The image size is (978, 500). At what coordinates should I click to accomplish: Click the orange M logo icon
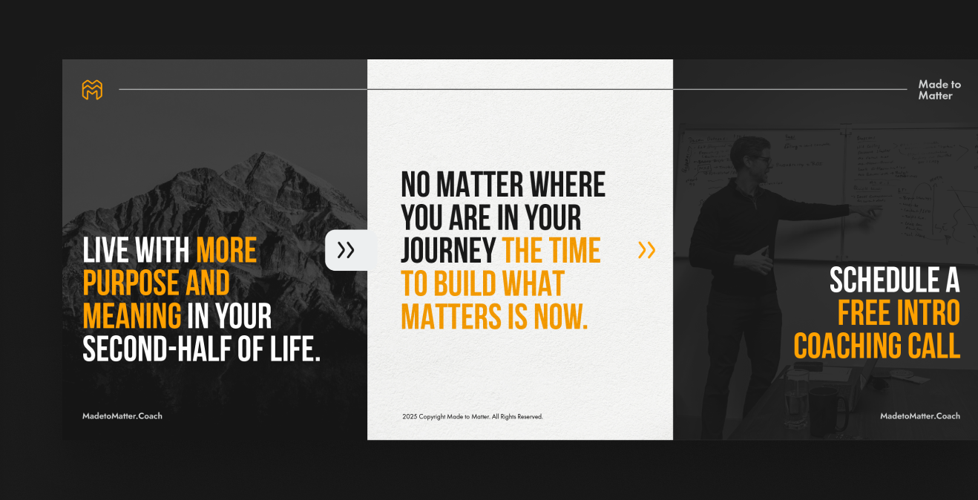pos(92,90)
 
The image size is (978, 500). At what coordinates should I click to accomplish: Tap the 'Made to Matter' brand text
pos(939,90)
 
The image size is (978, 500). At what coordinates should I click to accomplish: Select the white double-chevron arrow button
pos(346,251)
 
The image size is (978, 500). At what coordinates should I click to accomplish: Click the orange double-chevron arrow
pos(646,251)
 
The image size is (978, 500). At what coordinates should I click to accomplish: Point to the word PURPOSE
pos(131,283)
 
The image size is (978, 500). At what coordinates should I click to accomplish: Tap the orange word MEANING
pos(132,316)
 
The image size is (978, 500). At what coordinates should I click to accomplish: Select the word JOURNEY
pos(448,251)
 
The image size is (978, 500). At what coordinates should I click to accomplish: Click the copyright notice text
pos(473,417)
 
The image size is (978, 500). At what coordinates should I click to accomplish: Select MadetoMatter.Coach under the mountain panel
pos(122,416)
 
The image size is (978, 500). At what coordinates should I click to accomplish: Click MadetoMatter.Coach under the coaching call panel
pos(920,416)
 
